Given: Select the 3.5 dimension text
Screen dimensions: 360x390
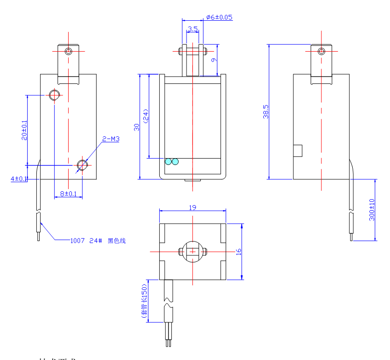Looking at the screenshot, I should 193,29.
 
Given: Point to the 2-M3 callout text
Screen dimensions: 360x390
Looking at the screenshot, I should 111,138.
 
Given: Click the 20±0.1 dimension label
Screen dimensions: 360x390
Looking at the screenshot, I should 24,130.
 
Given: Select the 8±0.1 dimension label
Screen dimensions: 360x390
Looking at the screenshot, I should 66,194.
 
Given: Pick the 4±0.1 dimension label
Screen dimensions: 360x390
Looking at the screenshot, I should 19,178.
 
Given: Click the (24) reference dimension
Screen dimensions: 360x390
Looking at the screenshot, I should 146,116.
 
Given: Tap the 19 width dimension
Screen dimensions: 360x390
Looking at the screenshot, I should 192,207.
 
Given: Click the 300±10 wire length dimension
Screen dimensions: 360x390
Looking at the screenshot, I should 372,210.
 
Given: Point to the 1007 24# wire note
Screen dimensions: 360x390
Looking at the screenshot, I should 98,240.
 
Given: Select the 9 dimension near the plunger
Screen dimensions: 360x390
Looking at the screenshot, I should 213,59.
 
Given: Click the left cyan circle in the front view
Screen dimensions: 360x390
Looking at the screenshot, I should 168,161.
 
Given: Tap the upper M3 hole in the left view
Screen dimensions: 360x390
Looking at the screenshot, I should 54,95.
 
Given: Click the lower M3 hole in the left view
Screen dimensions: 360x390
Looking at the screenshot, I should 82,165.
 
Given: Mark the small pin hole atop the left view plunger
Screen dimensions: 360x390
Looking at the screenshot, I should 69,51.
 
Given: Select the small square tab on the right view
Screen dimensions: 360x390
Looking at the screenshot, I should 297,150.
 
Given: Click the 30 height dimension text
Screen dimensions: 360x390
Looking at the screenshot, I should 136,127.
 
